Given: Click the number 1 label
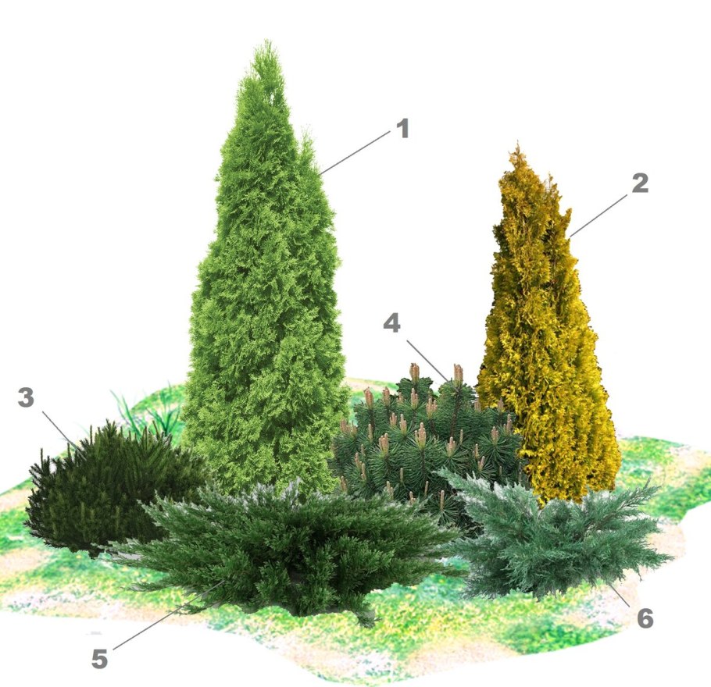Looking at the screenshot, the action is [402, 128].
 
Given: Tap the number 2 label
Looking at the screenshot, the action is [639, 183].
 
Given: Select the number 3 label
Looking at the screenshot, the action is [26, 397].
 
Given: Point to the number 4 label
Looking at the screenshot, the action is [391, 323].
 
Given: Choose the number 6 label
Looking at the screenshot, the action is [645, 618].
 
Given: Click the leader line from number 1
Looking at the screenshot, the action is [354, 153].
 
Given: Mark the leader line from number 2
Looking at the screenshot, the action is [599, 215].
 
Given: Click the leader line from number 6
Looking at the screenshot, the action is [620, 595].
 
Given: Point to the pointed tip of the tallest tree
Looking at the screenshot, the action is [268, 41].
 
